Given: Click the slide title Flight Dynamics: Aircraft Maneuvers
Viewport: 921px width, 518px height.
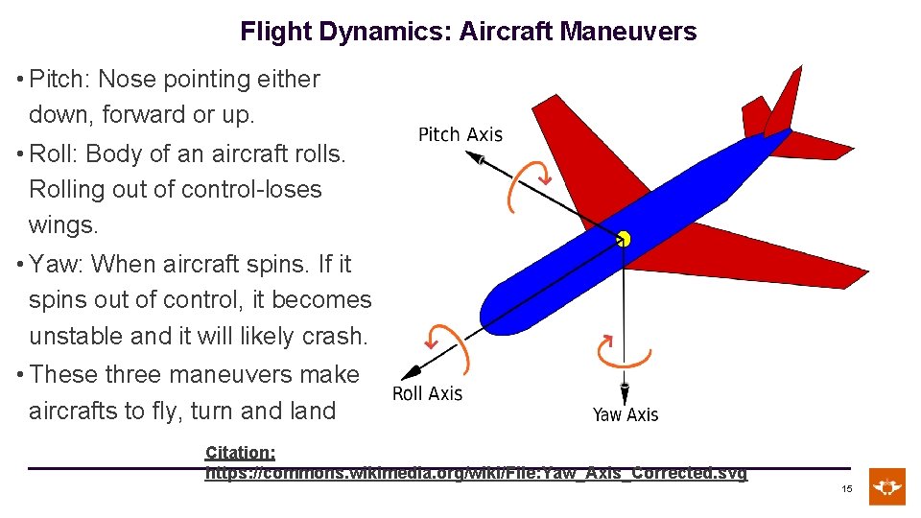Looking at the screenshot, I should click(468, 32).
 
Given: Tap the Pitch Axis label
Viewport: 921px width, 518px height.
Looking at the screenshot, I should click(460, 135).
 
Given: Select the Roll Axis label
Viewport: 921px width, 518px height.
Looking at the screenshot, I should click(427, 394).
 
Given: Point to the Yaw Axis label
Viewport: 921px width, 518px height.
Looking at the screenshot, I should click(625, 414).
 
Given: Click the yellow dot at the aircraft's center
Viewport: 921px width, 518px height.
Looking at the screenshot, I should click(624, 238).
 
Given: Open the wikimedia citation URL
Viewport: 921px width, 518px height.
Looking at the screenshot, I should click(476, 474).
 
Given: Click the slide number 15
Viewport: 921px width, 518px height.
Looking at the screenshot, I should click(847, 489).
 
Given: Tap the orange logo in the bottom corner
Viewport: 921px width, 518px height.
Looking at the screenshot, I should click(886, 486).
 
